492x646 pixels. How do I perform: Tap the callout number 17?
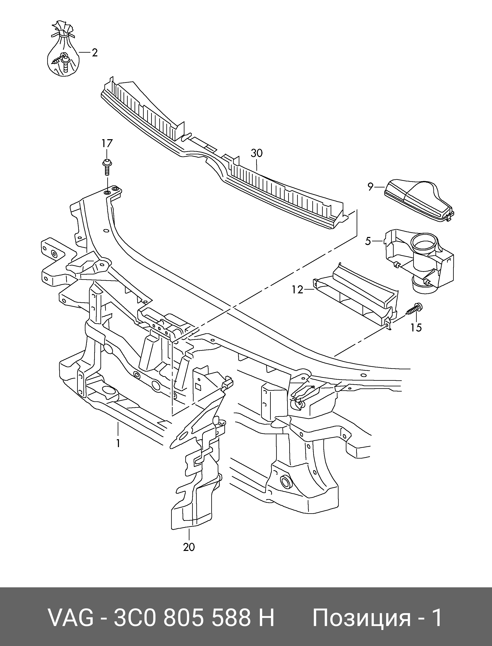pos(107,144)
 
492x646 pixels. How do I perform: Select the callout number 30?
pos(257,153)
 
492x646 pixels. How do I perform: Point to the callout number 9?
pos(371,186)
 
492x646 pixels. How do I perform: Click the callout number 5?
pos(368,241)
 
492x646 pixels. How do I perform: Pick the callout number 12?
pos(297,290)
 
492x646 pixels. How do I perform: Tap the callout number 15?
pos(416,327)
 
